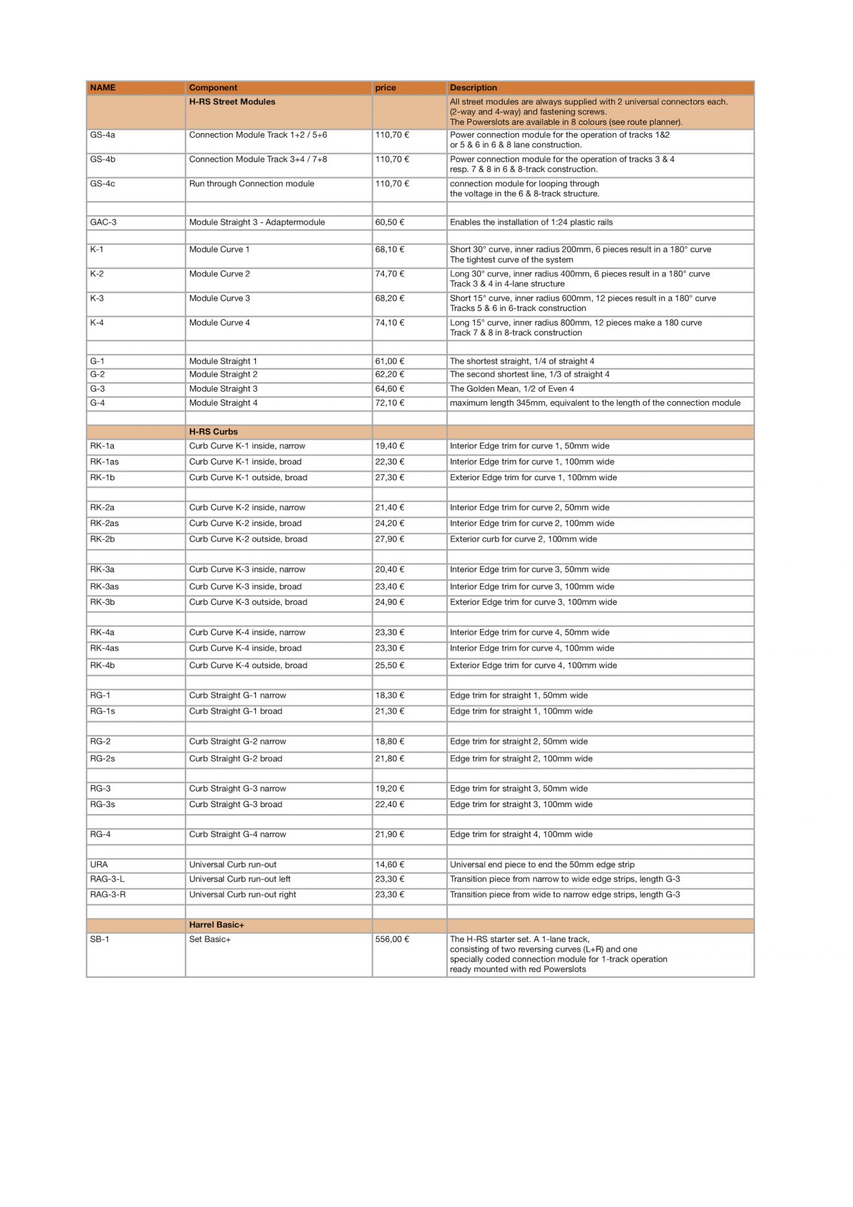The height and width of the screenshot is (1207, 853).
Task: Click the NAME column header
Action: [103, 88]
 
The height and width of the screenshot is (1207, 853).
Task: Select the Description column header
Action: [473, 88]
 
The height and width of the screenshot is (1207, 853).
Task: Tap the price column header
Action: [385, 88]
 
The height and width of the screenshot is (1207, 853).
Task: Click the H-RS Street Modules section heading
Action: [232, 102]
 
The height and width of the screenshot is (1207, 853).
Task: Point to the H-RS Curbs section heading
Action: [213, 432]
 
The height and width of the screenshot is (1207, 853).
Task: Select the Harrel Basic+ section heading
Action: [216, 925]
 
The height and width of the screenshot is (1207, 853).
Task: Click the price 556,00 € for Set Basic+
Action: [392, 939]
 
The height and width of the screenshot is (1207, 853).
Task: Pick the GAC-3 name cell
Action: [103, 222]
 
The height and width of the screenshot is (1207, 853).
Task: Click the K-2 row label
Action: [97, 274]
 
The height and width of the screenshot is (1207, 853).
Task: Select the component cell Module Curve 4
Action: [219, 323]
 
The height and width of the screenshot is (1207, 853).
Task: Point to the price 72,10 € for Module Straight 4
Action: [390, 403]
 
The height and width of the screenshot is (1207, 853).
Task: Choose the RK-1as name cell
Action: [105, 462]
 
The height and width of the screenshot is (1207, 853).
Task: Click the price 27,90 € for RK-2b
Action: [390, 540]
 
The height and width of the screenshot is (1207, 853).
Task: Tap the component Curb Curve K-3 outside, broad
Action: [248, 602]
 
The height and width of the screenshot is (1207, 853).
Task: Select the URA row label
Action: [99, 865]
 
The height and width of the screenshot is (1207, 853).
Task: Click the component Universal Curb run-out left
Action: [240, 879]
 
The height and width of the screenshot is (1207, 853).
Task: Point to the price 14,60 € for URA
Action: [390, 865]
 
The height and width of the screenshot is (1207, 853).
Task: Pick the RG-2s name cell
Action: [103, 759]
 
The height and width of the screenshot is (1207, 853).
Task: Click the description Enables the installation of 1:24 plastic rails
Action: [531, 222]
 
